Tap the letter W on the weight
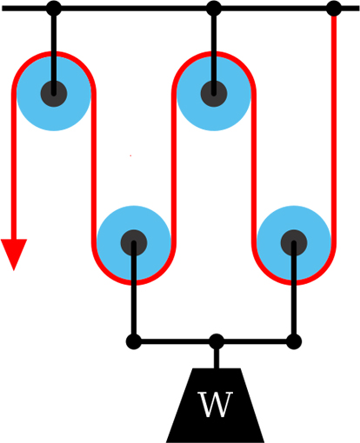coord(215,405)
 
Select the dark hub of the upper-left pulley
coord(54,94)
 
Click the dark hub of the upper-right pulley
coord(214,94)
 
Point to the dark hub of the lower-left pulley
coord(134,243)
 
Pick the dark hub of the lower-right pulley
coord(294,243)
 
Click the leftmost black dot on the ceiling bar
coord(54,8)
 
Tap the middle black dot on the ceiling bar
coord(214,8)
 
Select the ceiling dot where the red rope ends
coord(334,8)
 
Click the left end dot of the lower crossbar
coord(134,341)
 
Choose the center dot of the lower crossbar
coord(217,341)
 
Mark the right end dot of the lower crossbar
coord(294,341)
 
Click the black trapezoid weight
coord(215,406)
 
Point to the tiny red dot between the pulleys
coord(130,155)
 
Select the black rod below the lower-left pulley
coord(134,291)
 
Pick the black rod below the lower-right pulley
coord(294,291)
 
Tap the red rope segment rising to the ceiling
coord(334,128)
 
